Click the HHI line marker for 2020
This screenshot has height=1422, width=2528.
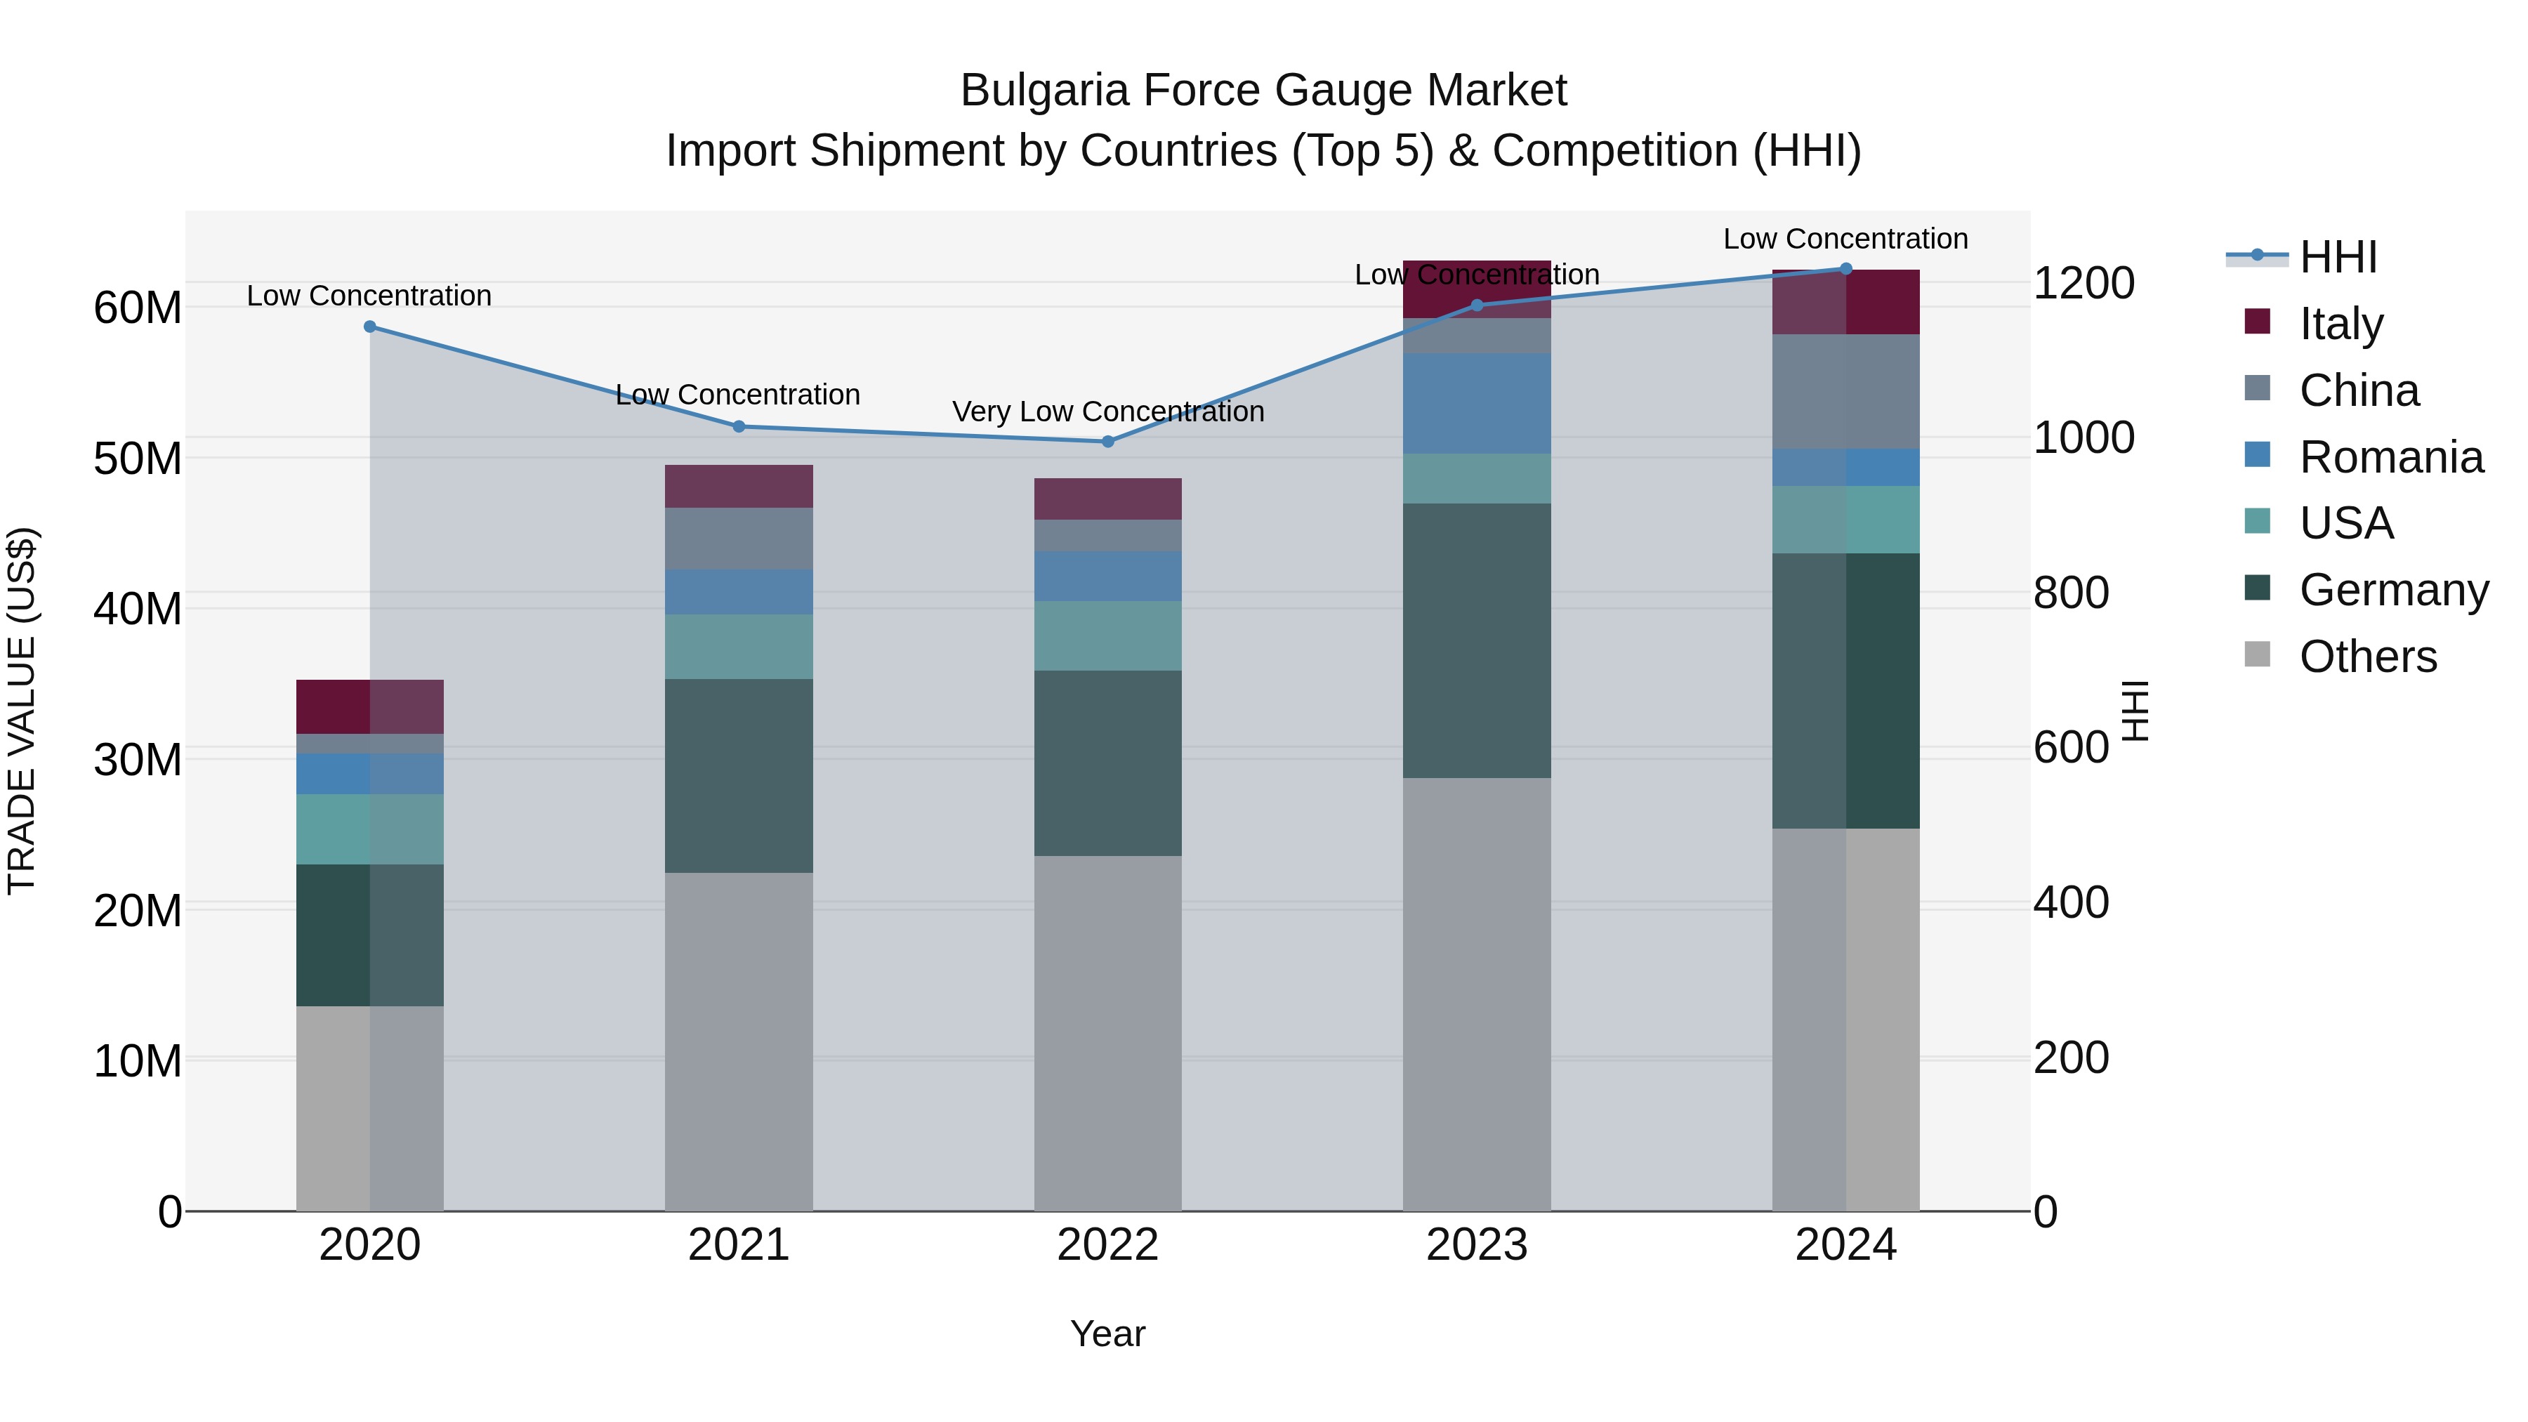click(x=370, y=327)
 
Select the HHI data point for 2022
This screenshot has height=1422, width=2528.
click(x=1108, y=442)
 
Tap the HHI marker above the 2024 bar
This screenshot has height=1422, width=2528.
click(x=1846, y=269)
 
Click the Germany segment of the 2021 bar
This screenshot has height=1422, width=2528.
click(x=739, y=775)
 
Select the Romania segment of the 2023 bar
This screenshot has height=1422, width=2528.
click(x=1477, y=403)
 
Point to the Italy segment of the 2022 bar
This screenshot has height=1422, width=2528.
click(x=1108, y=499)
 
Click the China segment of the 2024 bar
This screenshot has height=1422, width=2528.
click(x=1846, y=392)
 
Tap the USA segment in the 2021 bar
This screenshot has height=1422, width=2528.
click(x=739, y=647)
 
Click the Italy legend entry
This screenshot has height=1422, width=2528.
click(x=2341, y=324)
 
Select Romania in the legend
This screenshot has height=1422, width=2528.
click(x=2390, y=457)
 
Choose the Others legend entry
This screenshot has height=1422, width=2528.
click(x=2367, y=657)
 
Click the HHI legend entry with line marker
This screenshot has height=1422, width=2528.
click(x=2338, y=257)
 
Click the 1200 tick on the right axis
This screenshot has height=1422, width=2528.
click(x=2083, y=284)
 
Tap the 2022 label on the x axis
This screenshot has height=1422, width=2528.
click(x=1108, y=1245)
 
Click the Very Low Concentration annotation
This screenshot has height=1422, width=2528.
click(x=1108, y=412)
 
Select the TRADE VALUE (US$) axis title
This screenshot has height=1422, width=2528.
click(x=22, y=711)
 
